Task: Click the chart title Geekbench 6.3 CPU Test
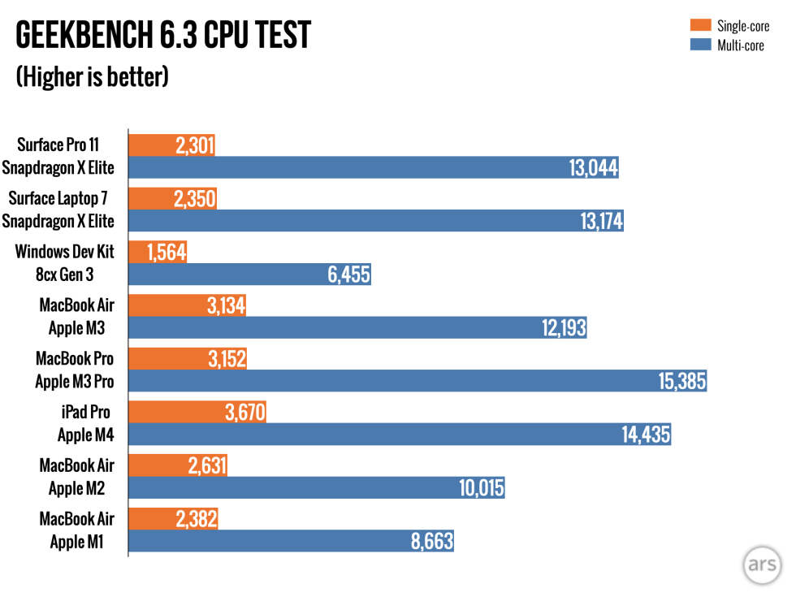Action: point(162,36)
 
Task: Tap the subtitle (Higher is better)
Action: point(92,77)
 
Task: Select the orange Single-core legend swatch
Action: point(700,26)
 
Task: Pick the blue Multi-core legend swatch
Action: point(700,45)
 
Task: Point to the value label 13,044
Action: point(593,168)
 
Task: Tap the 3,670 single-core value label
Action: point(244,413)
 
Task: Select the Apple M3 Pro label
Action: point(75,381)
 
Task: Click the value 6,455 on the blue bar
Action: point(349,275)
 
